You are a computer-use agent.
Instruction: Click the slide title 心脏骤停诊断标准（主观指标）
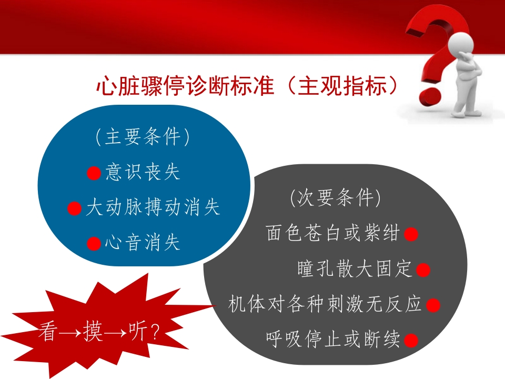[x=247, y=86]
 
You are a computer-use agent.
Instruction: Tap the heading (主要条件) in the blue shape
[x=143, y=137]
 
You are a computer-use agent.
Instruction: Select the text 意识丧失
[x=143, y=172]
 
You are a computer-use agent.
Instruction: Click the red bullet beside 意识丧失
[x=94, y=173]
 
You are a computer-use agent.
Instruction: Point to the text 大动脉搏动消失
[x=153, y=207]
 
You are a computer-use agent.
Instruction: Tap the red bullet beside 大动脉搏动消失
[x=74, y=208]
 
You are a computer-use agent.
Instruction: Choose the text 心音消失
[x=143, y=242]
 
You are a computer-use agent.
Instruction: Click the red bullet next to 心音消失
[x=94, y=243]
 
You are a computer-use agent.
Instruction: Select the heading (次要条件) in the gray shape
[x=335, y=197]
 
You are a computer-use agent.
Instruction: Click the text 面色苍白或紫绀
[x=332, y=233]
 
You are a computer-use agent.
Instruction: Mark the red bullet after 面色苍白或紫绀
[x=411, y=234]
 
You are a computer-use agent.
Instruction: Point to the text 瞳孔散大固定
[x=355, y=268]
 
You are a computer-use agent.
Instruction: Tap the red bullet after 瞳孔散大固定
[x=423, y=270]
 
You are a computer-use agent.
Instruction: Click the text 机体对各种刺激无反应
[x=325, y=304]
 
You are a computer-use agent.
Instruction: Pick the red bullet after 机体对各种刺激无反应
[x=433, y=305]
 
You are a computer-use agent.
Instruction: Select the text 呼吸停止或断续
[x=332, y=339]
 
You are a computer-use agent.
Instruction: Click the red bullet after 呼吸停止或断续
[x=411, y=341]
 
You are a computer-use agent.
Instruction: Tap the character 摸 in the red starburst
[x=93, y=331]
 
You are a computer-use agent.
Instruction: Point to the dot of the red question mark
[x=431, y=96]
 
